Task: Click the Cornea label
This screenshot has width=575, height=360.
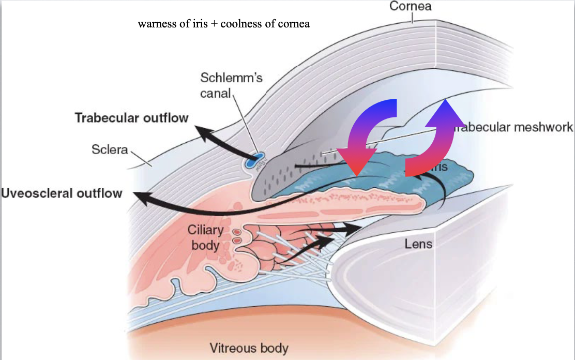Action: pos(411,7)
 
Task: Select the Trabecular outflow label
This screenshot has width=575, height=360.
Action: pos(131,117)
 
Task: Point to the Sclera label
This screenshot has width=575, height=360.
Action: pos(110,149)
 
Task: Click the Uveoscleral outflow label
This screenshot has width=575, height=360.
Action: pos(62,193)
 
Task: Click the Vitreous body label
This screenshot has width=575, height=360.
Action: pos(249,348)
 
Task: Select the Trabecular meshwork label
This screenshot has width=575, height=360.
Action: pos(512,127)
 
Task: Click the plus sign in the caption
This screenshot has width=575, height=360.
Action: pos(215,24)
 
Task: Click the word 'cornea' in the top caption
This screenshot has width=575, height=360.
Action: pos(294,24)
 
